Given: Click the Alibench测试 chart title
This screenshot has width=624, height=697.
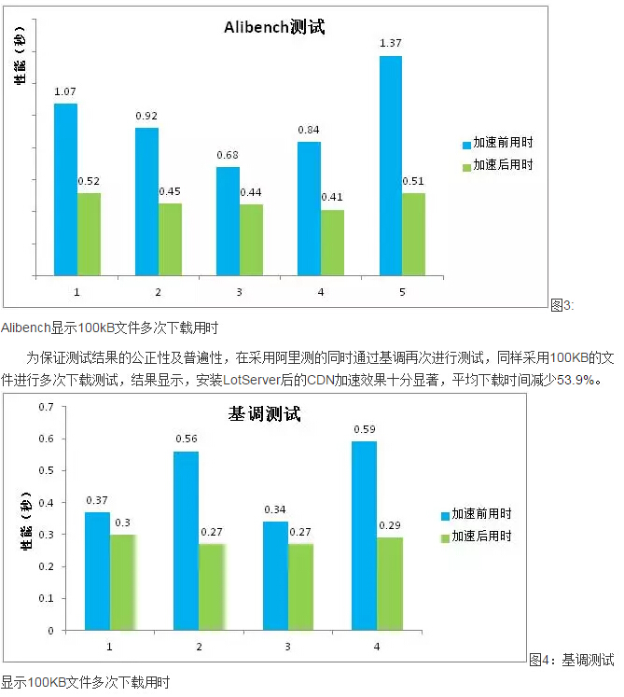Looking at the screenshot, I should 274,27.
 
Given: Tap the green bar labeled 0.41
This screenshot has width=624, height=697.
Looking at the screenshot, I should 333,242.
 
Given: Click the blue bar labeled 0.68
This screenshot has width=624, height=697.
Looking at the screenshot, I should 229,220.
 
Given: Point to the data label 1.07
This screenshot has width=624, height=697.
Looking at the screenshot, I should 65,91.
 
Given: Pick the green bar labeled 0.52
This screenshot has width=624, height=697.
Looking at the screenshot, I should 89,233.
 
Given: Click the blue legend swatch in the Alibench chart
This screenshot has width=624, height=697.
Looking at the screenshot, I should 467,144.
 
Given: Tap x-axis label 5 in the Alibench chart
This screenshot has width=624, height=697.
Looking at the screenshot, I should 402,292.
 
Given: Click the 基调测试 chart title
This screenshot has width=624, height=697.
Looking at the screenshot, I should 265,414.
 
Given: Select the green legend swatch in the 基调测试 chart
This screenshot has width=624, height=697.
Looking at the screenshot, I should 445,537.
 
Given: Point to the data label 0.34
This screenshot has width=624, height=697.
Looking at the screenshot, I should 275,509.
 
